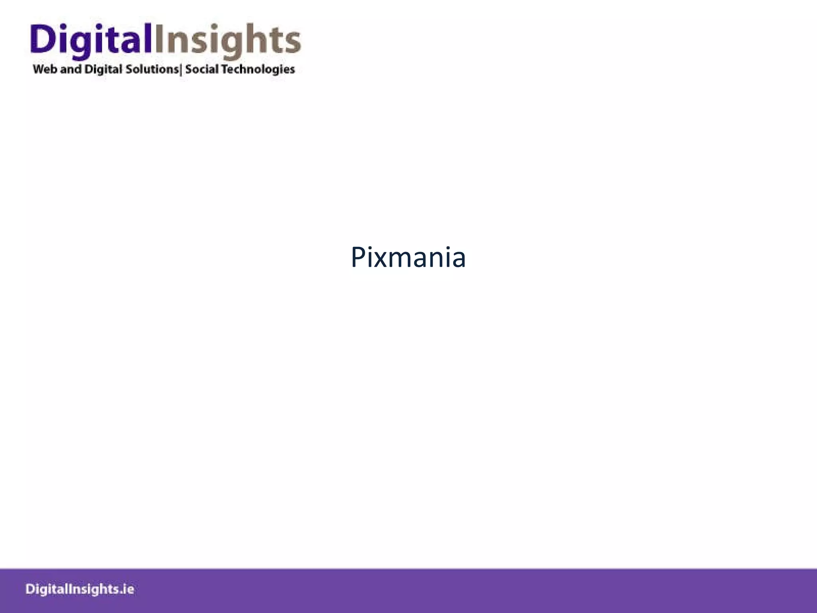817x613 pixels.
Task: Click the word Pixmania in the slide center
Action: point(408,257)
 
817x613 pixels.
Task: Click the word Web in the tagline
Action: point(45,69)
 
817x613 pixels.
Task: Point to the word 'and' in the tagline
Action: point(71,69)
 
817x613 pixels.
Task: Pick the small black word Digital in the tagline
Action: point(104,69)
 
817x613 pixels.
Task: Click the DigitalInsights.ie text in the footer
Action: point(80,589)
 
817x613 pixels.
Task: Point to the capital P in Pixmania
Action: point(359,257)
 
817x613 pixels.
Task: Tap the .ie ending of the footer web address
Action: point(127,589)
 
